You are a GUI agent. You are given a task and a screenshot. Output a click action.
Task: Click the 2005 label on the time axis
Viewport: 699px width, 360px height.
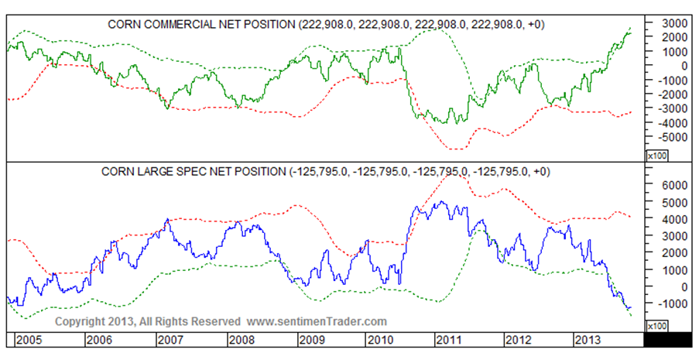(x=29, y=341)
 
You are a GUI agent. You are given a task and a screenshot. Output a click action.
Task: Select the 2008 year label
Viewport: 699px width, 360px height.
(x=242, y=341)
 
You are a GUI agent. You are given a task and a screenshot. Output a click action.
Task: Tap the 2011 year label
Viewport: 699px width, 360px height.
(x=448, y=341)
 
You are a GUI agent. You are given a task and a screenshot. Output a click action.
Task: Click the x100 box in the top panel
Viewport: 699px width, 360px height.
(x=656, y=156)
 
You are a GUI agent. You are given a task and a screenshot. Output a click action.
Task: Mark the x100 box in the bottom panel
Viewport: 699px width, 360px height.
(x=656, y=326)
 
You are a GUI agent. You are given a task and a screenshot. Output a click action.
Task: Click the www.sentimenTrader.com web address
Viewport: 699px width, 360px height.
(x=317, y=321)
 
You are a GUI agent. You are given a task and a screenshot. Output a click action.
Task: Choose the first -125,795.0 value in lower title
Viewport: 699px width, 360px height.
(x=320, y=172)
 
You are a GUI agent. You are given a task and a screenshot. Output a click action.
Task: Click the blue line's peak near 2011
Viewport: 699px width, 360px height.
(x=441, y=201)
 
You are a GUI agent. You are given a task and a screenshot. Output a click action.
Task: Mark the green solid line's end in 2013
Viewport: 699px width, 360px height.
(x=631, y=33)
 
